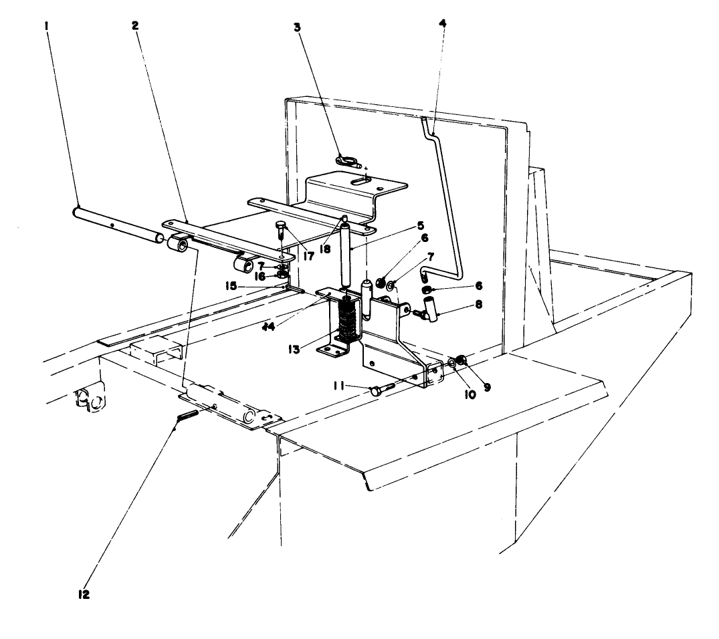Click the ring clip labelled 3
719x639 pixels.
[x=348, y=160]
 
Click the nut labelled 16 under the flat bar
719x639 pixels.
[x=283, y=274]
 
